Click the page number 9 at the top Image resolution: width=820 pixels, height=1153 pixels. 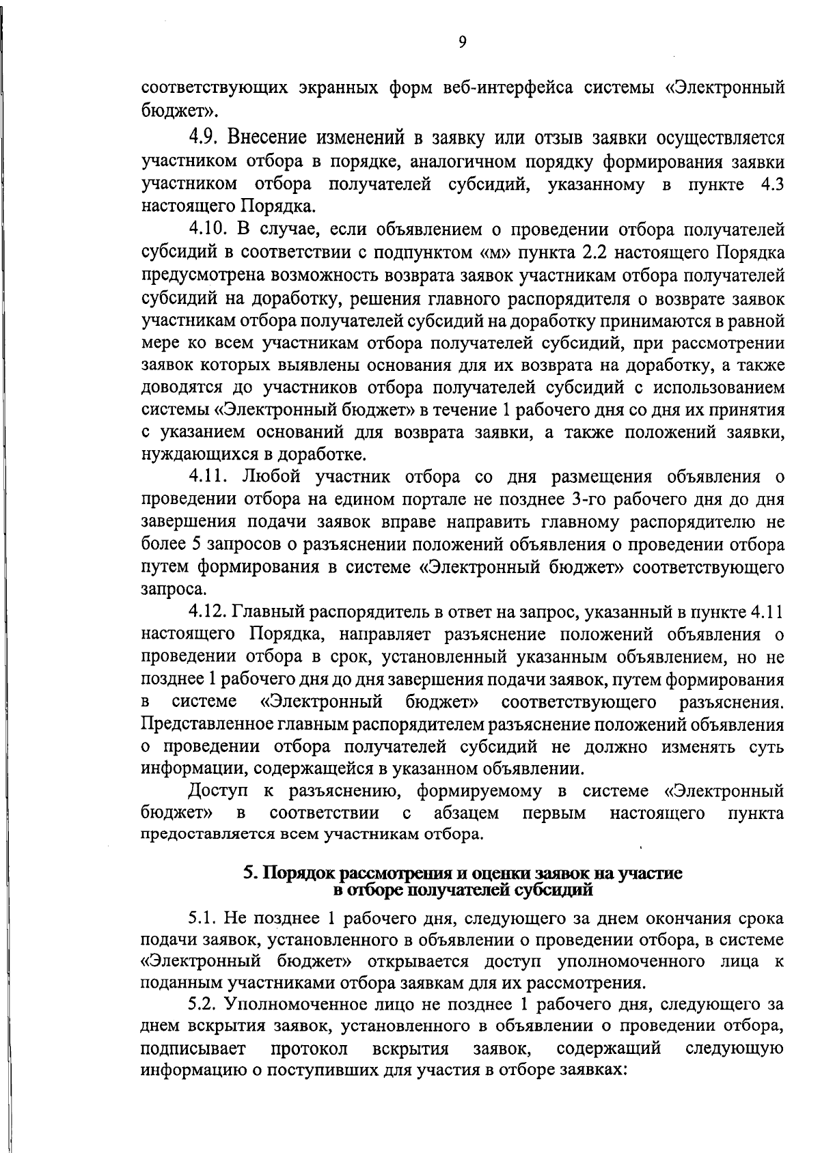click(x=463, y=42)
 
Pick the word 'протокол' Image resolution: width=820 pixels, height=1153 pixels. click(x=310, y=1048)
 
